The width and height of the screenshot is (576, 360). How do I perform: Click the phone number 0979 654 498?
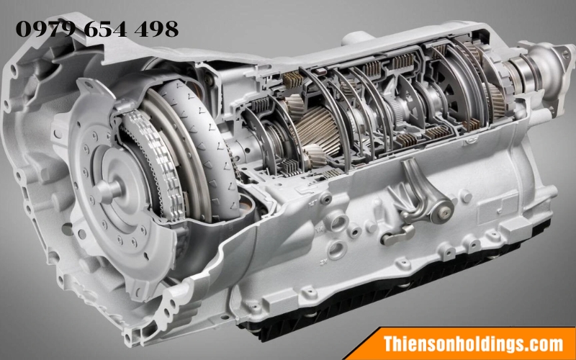point(97,29)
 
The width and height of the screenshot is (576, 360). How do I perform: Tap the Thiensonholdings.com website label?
point(473,344)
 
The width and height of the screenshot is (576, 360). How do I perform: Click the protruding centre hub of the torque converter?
point(109,189)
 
